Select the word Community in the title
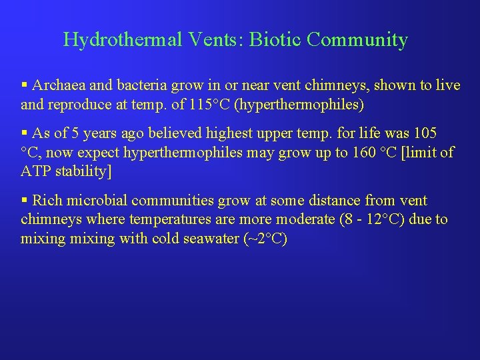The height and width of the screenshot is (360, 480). tap(357, 40)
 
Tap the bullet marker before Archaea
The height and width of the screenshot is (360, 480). tap(25, 85)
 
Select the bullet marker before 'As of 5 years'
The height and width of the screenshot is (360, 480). tap(25, 133)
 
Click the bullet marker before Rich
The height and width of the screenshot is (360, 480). tap(25, 201)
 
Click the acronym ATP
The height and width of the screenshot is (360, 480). tap(36, 171)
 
